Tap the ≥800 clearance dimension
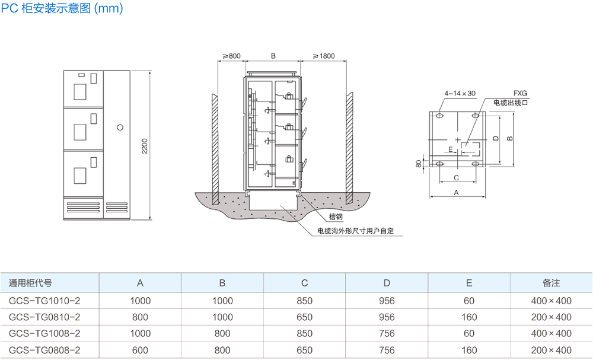(231, 56)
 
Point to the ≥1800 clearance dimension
(323, 56)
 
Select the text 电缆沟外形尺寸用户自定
(356, 231)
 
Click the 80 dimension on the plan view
(419, 163)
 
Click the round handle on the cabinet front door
(120, 127)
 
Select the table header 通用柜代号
(30, 283)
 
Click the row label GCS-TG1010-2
(44, 301)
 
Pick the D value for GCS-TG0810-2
(386, 317)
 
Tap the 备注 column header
(551, 283)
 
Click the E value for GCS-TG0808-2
(469, 351)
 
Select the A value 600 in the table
(140, 351)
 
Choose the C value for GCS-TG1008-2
(304, 334)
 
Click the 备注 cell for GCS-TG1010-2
(551, 301)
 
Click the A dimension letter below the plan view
(456, 192)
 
